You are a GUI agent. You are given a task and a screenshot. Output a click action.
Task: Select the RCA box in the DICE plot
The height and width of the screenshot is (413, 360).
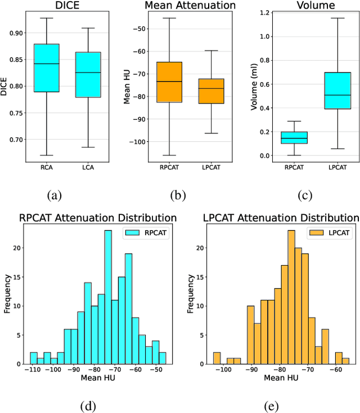pyautogui.click(x=46, y=68)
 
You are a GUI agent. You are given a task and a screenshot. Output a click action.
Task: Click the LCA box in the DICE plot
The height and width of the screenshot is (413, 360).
pyautogui.click(x=88, y=74)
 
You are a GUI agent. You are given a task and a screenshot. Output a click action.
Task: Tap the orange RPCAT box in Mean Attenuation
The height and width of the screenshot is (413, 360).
pyautogui.click(x=169, y=82)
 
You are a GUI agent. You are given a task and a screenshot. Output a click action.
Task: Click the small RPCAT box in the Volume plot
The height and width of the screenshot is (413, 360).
pyautogui.click(x=295, y=138)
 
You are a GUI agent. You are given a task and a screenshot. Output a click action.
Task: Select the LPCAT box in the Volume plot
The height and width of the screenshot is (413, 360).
pyautogui.click(x=337, y=90)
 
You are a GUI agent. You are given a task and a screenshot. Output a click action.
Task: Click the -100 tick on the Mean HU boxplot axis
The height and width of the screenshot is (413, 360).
pyautogui.click(x=135, y=142)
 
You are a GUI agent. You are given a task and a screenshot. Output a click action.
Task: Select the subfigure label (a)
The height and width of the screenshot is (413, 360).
pyautogui.click(x=55, y=195)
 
